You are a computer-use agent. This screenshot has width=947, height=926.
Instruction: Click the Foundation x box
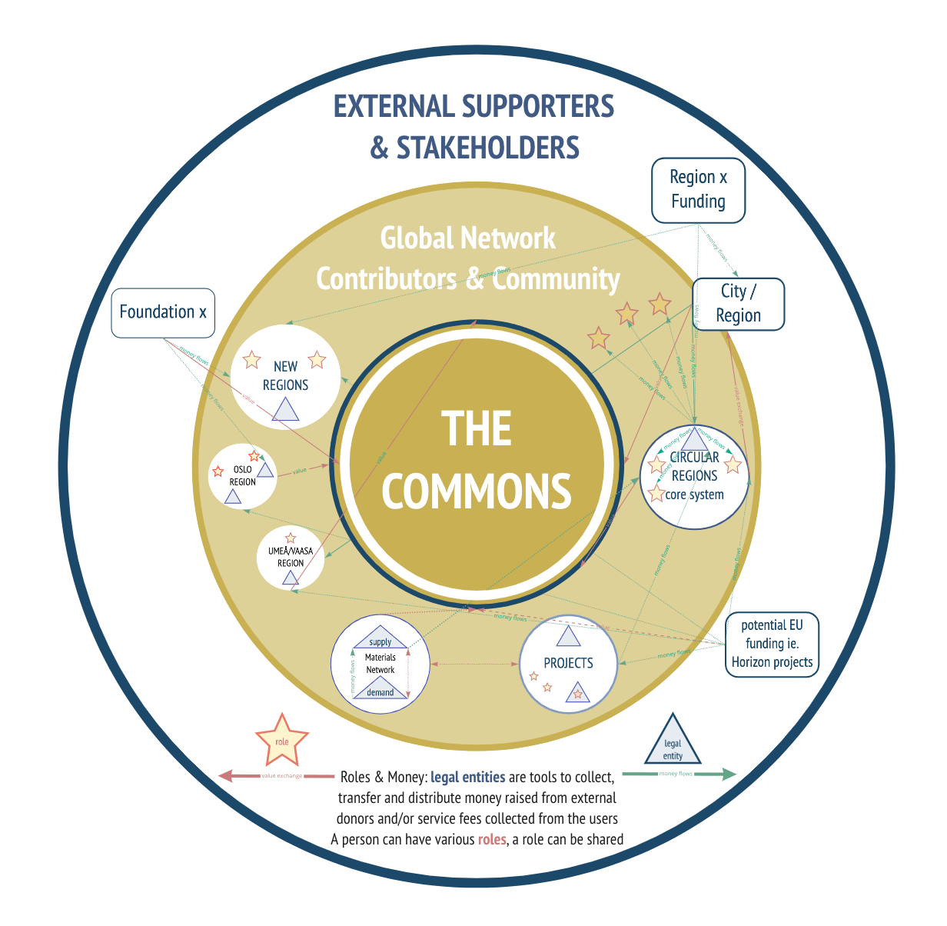point(163,312)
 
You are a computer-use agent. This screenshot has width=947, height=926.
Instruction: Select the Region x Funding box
point(698,190)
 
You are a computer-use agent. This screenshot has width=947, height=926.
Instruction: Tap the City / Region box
point(738,304)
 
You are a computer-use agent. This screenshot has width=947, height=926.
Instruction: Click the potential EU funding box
point(772,644)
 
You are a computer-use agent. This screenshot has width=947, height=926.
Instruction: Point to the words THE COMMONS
point(477,460)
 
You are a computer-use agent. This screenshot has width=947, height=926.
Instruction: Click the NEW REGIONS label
point(285,376)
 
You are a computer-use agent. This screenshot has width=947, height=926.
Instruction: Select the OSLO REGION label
point(242,475)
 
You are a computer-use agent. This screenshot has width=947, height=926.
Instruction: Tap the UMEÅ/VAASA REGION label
point(290,558)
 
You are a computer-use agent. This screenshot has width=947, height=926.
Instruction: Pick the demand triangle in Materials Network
point(380,690)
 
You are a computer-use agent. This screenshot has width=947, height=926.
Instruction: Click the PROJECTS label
point(568,663)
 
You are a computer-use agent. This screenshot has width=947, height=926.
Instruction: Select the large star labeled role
point(282,740)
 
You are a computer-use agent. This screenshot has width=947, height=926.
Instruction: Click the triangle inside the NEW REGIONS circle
point(285,411)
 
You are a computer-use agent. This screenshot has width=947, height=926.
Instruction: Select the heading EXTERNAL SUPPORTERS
point(474,106)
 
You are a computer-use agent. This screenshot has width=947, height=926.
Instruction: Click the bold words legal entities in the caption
point(467,778)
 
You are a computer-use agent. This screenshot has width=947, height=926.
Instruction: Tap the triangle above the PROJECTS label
point(568,638)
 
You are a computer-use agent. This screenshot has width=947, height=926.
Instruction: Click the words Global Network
point(467,238)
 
